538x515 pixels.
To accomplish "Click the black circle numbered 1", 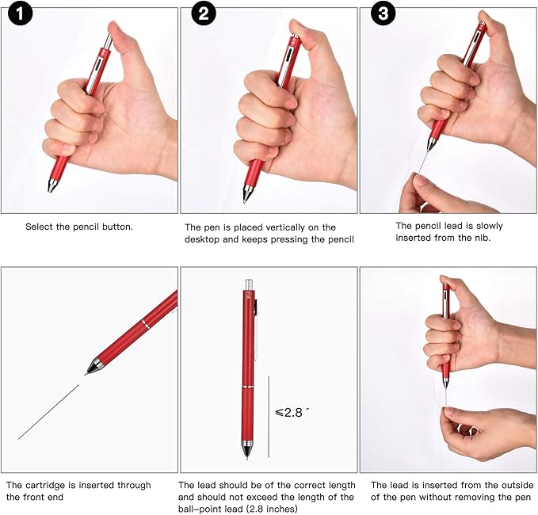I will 19,13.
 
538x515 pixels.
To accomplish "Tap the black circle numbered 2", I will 203,13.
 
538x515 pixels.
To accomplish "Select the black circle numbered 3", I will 383,13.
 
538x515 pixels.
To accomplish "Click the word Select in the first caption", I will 40,227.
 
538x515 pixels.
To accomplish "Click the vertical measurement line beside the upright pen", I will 269,416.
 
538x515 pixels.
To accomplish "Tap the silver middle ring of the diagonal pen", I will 145,324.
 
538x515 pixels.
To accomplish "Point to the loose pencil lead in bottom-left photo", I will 48,412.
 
